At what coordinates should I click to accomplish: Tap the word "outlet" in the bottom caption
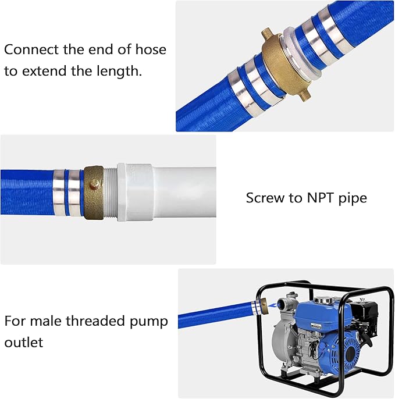[x=24, y=343]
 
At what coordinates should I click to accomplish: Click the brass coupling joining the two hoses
[x=280, y=61]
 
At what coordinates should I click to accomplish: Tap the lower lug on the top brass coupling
[x=306, y=92]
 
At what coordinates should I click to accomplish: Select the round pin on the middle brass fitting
[x=92, y=185]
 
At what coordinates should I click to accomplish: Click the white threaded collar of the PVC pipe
[x=134, y=193]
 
